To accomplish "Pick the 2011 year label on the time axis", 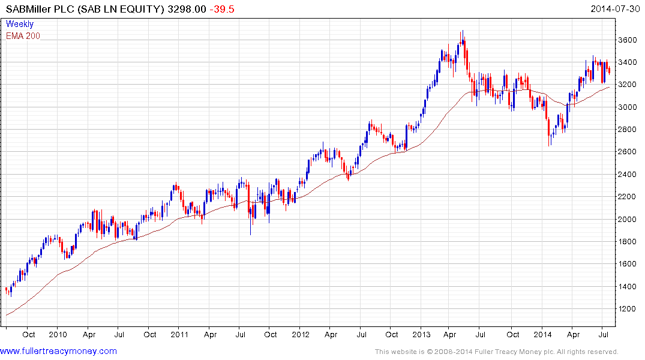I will point(180,334).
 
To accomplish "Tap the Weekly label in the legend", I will point(20,24).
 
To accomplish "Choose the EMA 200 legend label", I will point(23,36).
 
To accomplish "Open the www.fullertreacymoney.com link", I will point(59,351).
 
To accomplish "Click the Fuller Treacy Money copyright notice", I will point(496,352).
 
